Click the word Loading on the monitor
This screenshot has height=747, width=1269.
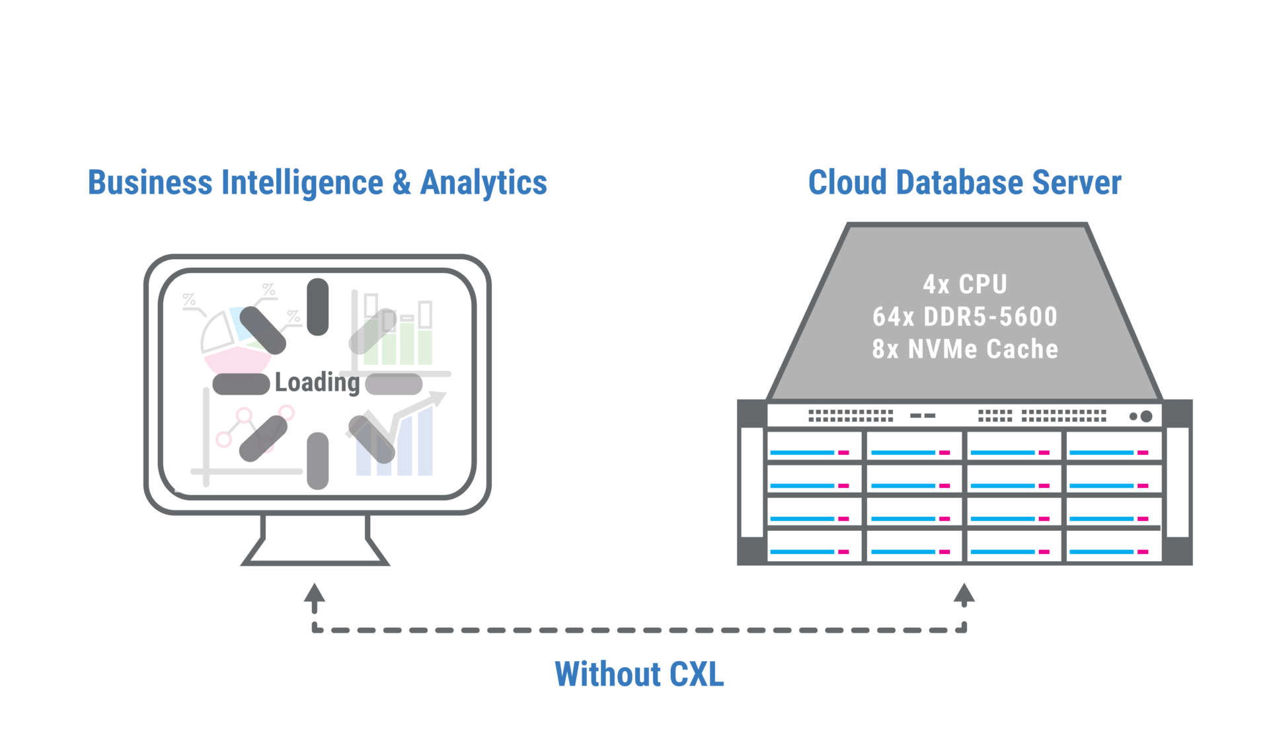click(317, 383)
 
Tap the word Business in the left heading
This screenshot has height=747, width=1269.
click(150, 182)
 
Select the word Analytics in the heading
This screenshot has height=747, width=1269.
click(484, 182)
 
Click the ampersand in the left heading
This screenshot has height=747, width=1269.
click(401, 182)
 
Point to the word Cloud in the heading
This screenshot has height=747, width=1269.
click(847, 182)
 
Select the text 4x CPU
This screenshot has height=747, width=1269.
click(965, 284)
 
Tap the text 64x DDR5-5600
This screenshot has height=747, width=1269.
click(965, 317)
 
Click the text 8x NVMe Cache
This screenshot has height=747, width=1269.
click(965, 349)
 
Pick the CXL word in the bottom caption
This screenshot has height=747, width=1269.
click(697, 674)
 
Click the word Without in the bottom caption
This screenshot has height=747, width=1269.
click(607, 674)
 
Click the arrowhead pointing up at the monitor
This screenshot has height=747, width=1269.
click(315, 592)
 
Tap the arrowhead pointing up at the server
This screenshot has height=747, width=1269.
click(964, 592)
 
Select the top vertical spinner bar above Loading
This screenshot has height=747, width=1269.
click(318, 306)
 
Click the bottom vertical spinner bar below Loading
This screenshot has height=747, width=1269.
click(318, 460)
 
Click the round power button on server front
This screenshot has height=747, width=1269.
click(1146, 416)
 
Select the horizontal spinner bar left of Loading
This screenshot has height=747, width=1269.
click(241, 383)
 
